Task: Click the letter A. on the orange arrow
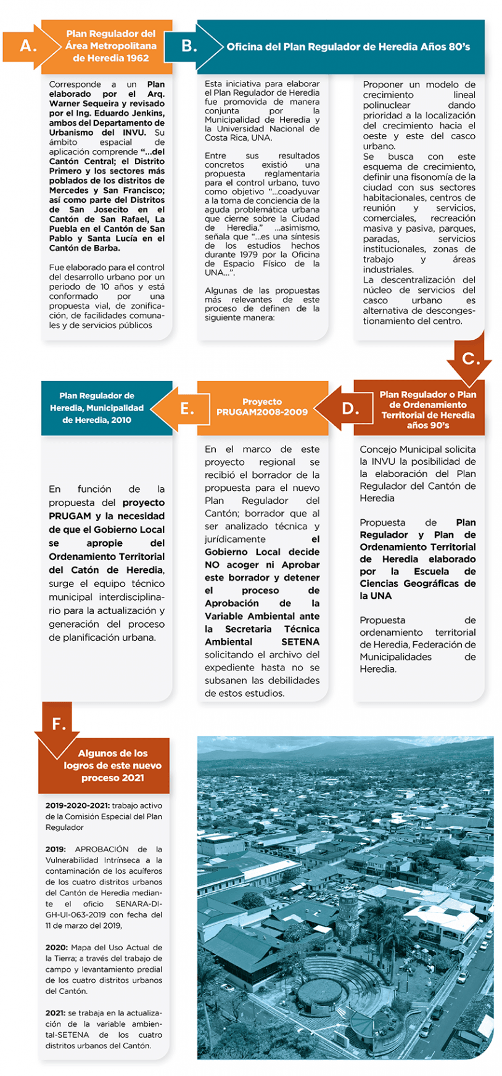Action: click(x=28, y=46)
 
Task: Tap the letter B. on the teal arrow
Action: click(x=189, y=46)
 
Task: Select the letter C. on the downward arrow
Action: click(x=471, y=359)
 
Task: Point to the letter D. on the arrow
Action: click(x=350, y=409)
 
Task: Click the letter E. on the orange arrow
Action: click(x=187, y=409)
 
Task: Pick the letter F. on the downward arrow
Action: click(x=59, y=724)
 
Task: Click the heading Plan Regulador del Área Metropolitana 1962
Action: click(x=111, y=46)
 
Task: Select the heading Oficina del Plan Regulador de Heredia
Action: click(x=348, y=47)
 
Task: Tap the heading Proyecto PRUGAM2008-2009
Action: click(x=262, y=407)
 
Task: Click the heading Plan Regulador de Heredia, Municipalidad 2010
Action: click(x=97, y=408)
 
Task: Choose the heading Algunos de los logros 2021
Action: click(x=112, y=765)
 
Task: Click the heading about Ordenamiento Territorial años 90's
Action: click(x=427, y=409)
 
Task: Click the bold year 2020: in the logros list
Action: click(x=57, y=948)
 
